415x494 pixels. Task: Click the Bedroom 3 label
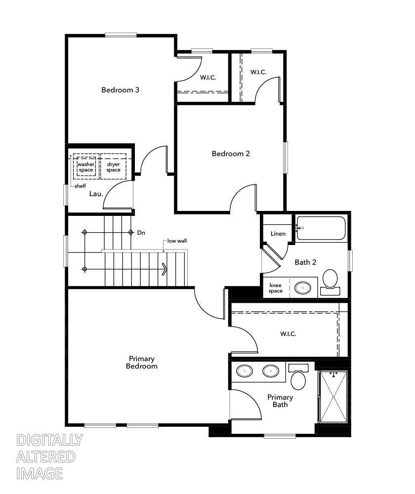point(120,90)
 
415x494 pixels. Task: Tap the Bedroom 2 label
point(231,154)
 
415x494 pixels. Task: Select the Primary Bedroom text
point(142,362)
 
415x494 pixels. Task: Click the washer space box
point(86,167)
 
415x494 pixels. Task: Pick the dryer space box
point(113,167)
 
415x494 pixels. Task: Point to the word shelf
point(80,186)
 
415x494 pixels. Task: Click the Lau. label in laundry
point(96,194)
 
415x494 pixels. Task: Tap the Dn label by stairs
point(141,232)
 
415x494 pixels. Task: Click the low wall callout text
point(177,241)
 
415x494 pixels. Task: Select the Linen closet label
point(278,233)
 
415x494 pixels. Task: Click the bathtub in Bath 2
point(321,228)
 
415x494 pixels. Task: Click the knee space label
point(276,288)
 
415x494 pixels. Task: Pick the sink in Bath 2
point(302,288)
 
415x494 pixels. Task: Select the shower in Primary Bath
point(333,396)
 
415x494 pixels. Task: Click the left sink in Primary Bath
point(244,370)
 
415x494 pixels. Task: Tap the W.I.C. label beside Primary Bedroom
point(288,334)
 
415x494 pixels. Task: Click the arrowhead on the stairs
point(165,269)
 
